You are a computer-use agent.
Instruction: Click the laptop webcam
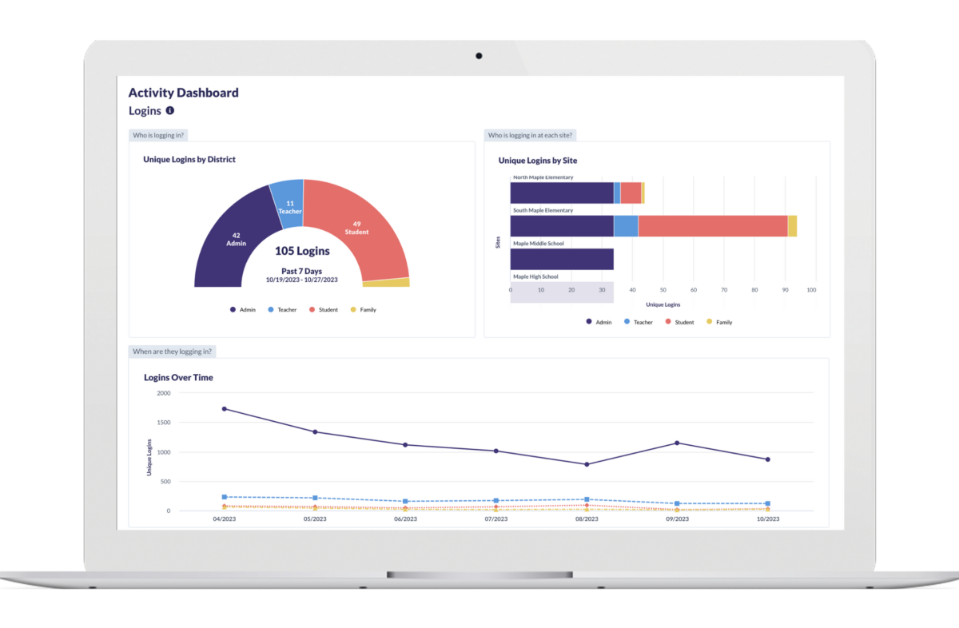(x=479, y=56)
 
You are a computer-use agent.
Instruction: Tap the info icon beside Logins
(x=170, y=111)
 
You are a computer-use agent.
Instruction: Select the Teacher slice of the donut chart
(x=288, y=205)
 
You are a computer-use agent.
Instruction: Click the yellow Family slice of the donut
(x=386, y=283)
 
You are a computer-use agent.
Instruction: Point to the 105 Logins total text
(x=302, y=251)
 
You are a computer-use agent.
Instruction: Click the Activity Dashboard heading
(x=184, y=93)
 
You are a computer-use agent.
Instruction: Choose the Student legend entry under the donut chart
(x=324, y=310)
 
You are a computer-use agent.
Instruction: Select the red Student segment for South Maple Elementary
(x=712, y=226)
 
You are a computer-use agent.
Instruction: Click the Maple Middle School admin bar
(x=562, y=259)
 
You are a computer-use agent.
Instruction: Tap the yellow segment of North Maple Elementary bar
(x=643, y=193)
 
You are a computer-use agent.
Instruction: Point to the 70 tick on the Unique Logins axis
(x=724, y=290)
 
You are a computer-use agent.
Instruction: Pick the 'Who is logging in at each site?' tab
(x=532, y=135)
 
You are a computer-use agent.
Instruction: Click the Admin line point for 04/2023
(x=225, y=409)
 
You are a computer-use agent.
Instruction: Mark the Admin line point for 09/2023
(x=677, y=443)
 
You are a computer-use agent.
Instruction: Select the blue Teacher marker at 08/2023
(x=587, y=499)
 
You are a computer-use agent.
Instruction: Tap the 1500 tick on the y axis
(x=163, y=423)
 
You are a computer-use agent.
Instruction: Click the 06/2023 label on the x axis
(x=405, y=519)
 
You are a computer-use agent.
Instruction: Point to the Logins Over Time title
(x=178, y=377)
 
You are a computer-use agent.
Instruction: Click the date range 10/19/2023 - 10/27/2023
(x=302, y=280)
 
